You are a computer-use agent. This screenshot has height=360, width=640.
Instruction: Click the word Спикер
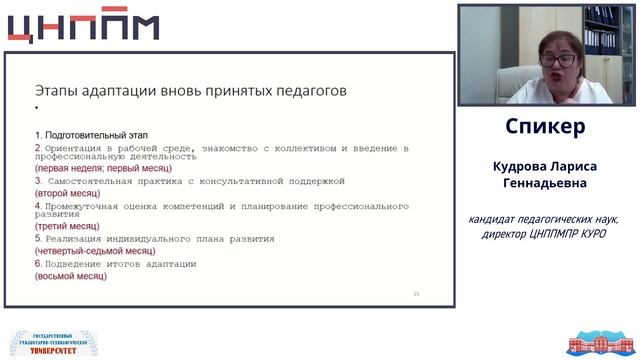pyautogui.click(x=545, y=128)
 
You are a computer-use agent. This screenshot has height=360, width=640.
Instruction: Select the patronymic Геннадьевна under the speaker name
pyautogui.click(x=546, y=185)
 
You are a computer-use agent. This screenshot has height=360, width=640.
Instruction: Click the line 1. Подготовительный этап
pyautogui.click(x=91, y=133)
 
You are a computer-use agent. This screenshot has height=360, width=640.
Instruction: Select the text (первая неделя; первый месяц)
pyautogui.click(x=103, y=170)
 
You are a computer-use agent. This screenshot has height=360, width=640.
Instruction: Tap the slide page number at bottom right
pyautogui.click(x=417, y=293)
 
